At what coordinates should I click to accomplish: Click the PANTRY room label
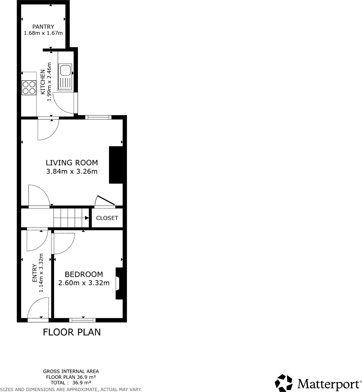point(43,27)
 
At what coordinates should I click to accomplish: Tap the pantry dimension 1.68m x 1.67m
point(43,33)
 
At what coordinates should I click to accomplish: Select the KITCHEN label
point(43,82)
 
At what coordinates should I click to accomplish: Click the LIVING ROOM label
point(72,163)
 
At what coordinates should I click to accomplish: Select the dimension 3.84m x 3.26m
point(72,171)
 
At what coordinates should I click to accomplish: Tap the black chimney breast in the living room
point(116,165)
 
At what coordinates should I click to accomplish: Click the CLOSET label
point(107,218)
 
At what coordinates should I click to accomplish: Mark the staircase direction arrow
point(87,218)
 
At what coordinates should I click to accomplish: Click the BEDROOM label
point(84,274)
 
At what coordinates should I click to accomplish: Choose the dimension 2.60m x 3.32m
point(84,283)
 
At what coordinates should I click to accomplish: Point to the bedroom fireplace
point(119,283)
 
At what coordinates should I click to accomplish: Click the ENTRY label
point(35,273)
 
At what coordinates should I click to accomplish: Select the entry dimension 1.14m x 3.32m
point(41,273)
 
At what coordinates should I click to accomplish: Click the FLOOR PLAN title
point(72,332)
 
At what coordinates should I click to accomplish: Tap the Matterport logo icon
point(284,383)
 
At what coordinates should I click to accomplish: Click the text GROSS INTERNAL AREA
point(71,371)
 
